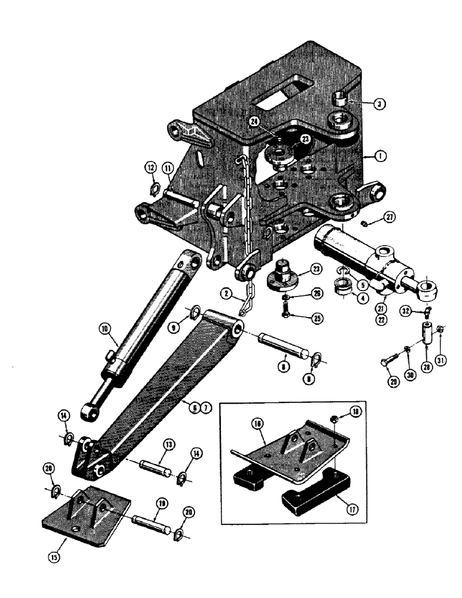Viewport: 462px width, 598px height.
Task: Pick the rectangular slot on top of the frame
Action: pyautogui.click(x=282, y=96)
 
